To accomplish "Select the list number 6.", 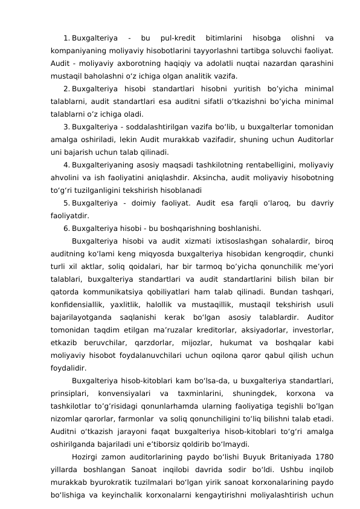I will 66,229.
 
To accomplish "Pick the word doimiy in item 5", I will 153,202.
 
